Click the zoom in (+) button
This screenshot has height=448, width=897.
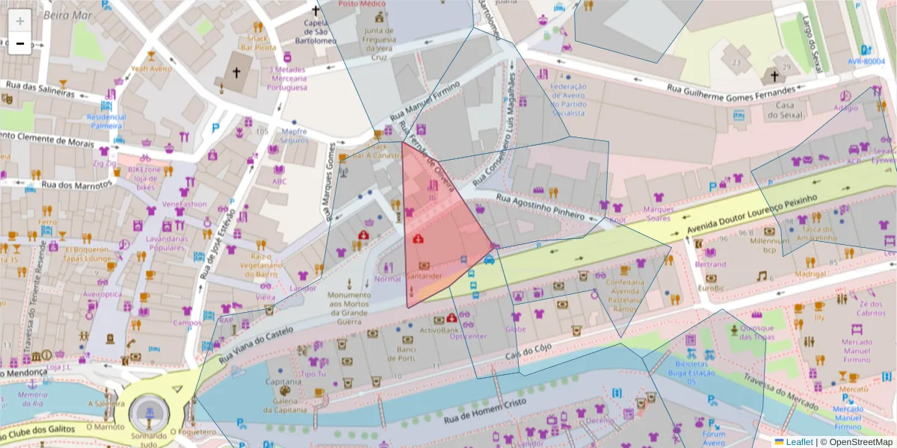pos(20,21)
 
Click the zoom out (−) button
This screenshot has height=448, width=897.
pos(20,43)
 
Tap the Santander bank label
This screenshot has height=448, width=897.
pos(425,276)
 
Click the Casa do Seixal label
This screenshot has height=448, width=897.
pos(783,111)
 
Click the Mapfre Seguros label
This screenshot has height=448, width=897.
pos(295,136)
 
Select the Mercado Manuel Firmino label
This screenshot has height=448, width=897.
pos(855,350)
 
